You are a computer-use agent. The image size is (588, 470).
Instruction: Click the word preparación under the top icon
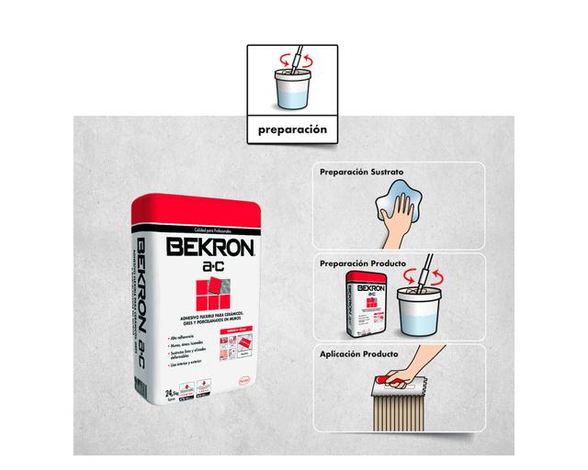pos(292,130)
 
